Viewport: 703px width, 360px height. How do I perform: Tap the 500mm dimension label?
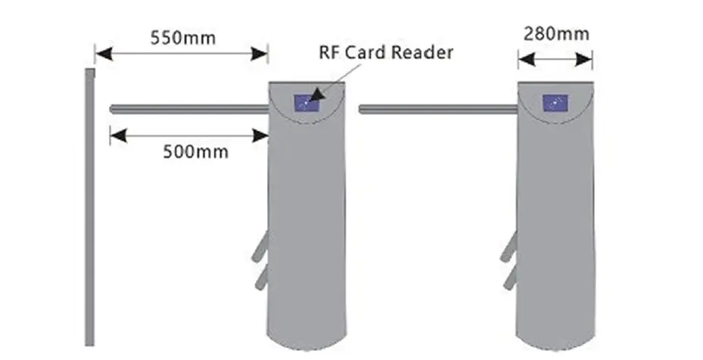coord(196,151)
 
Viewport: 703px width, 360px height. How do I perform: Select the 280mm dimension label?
coord(556,34)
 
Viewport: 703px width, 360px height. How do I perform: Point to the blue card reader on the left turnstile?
coord(306,101)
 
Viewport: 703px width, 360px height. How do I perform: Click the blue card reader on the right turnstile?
coord(555,102)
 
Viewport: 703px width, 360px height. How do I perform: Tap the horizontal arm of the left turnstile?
coord(189,109)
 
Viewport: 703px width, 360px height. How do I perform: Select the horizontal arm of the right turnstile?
coord(437,110)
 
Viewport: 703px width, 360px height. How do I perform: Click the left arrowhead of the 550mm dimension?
coord(101,54)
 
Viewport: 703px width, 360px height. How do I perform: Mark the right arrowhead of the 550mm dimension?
coord(262,54)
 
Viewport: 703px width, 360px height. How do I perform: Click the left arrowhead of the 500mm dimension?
coord(117,136)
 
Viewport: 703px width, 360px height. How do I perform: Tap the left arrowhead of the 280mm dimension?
coord(524,59)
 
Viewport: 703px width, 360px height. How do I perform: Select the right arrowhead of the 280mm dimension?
coord(586,59)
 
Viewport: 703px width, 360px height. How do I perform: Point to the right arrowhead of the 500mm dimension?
coord(262,136)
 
